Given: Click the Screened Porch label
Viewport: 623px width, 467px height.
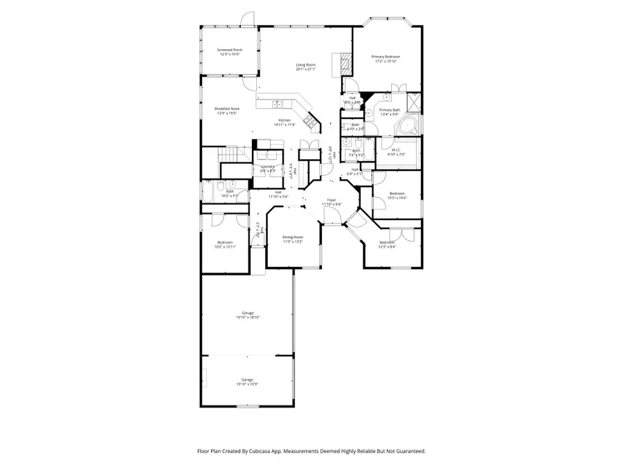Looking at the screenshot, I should point(229,50).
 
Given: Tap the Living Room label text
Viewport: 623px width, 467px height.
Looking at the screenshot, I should point(305,65).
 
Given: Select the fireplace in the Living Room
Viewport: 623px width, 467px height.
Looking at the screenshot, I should point(344,64).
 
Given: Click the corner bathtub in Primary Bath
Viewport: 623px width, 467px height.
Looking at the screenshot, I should point(406,125).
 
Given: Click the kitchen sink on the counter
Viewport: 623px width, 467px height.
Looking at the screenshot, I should point(277,104).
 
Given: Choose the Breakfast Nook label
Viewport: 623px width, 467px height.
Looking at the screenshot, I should point(227,109).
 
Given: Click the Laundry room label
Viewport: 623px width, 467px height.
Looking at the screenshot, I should point(268,167).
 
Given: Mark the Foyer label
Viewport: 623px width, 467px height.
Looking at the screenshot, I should point(332,201).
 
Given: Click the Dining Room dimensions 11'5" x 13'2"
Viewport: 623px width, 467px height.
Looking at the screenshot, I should point(293,241).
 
